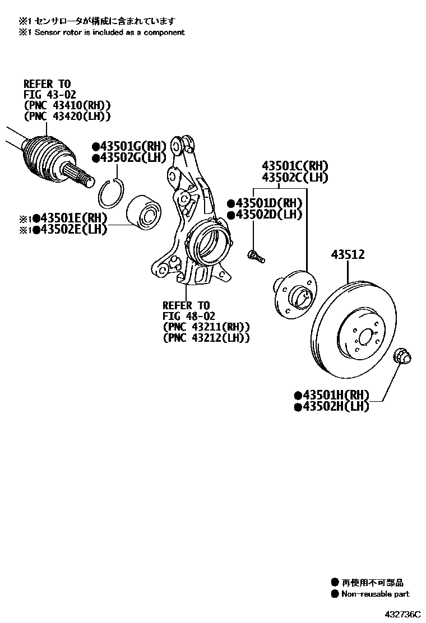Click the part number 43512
point(348,255)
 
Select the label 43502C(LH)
point(295,178)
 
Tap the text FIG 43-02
point(49,95)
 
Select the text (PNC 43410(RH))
point(67,105)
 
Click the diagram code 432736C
point(402,614)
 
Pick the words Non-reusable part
point(375,594)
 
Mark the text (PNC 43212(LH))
point(206,338)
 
